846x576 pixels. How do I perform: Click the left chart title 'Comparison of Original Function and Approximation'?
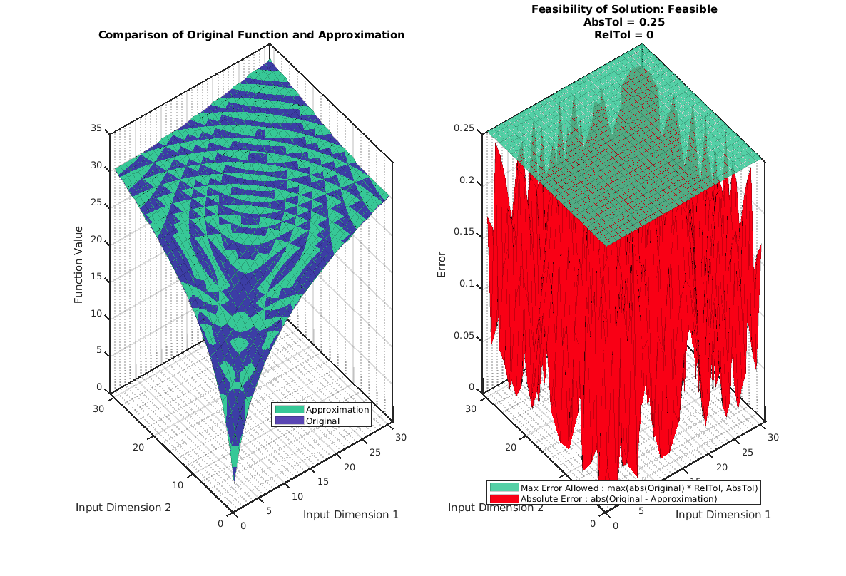coord(251,35)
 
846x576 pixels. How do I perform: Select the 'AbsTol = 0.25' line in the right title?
coord(624,22)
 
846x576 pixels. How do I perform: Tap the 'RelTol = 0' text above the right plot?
coord(624,34)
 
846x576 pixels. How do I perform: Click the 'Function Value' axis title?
coord(79,264)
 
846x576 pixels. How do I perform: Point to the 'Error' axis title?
coord(442,264)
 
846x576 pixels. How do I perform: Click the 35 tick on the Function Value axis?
coord(96,129)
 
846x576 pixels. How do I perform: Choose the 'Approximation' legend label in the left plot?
coord(337,410)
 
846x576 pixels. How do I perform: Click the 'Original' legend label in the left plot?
coord(322,421)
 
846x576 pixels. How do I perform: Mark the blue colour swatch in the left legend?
coord(289,421)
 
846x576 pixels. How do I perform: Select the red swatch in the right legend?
coord(504,498)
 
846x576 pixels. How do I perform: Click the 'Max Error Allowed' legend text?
coord(639,488)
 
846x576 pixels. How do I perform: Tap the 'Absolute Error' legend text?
coord(618,498)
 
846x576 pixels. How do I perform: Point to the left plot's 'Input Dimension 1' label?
coord(350,514)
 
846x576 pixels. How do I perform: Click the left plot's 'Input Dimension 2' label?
coord(123,508)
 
